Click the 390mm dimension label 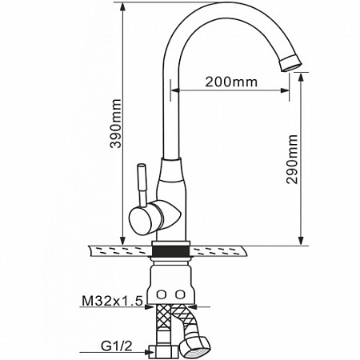point(116,123)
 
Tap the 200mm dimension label point(231,82)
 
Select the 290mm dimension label point(292,159)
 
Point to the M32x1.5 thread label point(112,301)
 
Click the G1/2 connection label point(117,346)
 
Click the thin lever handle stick point(142,185)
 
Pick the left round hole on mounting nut point(161,294)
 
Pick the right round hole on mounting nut point(180,294)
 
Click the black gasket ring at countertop point(170,251)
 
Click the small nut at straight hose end point(163,353)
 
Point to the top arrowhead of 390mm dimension point(122,7)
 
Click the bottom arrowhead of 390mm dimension point(122,241)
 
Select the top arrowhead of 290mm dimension point(301,78)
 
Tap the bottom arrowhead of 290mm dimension point(301,241)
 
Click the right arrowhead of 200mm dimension point(285,90)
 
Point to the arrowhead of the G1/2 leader point(150,352)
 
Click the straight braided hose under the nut point(163,325)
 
